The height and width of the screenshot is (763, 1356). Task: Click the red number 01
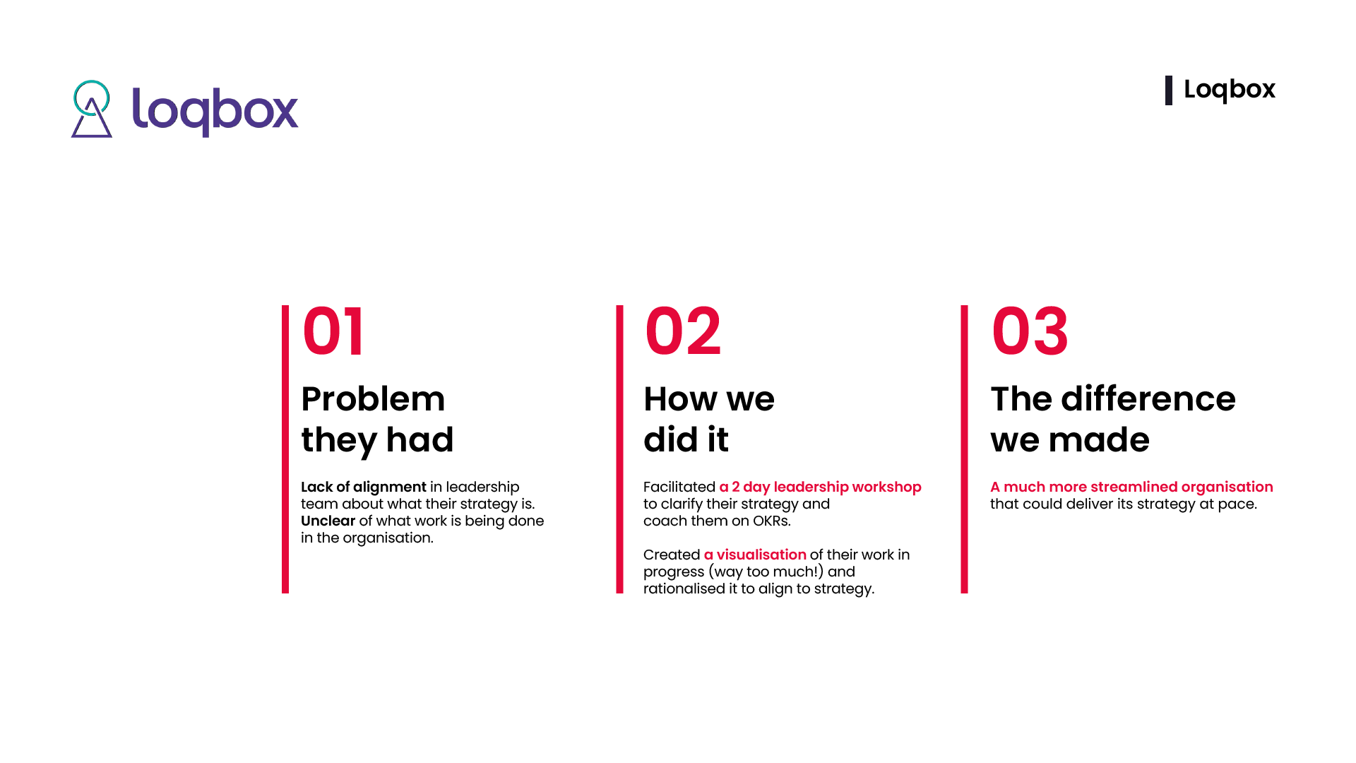point(333,331)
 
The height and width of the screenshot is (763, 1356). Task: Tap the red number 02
point(683,331)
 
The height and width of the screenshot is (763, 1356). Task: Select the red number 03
point(1030,331)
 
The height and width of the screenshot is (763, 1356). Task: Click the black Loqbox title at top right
point(1230,90)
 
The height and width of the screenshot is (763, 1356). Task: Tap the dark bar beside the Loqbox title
point(1169,90)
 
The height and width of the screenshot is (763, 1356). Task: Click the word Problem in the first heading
point(373,399)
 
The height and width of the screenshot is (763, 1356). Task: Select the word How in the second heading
point(680,399)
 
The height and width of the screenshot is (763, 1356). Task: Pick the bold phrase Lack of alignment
point(364,487)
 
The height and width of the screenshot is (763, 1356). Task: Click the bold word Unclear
point(328,521)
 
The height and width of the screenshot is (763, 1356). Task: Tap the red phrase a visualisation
point(755,555)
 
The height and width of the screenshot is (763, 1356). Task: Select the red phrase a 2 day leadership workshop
point(821,487)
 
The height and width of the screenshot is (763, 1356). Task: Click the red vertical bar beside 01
point(285,449)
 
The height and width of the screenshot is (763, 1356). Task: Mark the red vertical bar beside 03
point(964,449)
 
